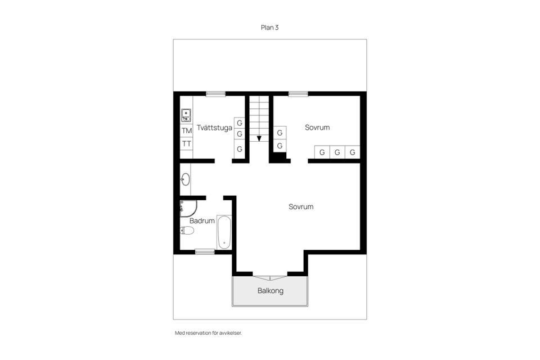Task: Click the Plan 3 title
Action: pos(269,28)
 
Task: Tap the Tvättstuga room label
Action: pos(214,128)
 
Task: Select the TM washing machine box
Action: pos(187,131)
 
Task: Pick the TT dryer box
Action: pos(187,143)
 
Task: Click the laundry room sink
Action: pos(186,115)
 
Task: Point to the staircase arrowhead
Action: pos(259,138)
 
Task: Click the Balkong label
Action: pos(271,291)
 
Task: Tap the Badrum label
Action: pos(202,221)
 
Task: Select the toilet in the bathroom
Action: pos(187,230)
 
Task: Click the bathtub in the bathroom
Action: pos(224,232)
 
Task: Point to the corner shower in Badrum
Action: pos(188,209)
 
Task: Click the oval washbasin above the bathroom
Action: pos(185,179)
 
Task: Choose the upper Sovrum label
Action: pos(317,128)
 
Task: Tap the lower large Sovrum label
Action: pos(301,206)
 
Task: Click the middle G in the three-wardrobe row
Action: pos(337,152)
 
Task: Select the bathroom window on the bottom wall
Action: pos(205,252)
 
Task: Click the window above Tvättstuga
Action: pos(216,94)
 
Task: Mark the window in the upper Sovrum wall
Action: pos(298,94)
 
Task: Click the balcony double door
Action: pos(270,277)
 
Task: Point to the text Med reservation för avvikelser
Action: pos(208,333)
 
